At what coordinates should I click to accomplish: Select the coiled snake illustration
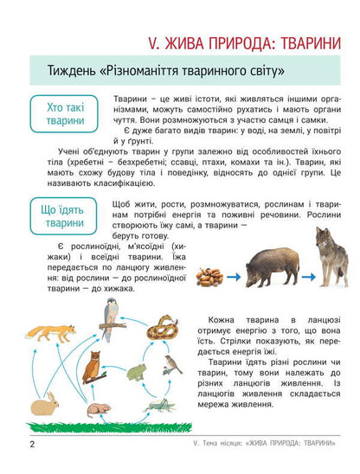pos(159,327)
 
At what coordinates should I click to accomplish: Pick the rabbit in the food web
pos(45,403)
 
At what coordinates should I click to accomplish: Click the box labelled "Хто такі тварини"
pos(60,114)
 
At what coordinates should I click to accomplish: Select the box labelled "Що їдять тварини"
pos(60,215)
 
